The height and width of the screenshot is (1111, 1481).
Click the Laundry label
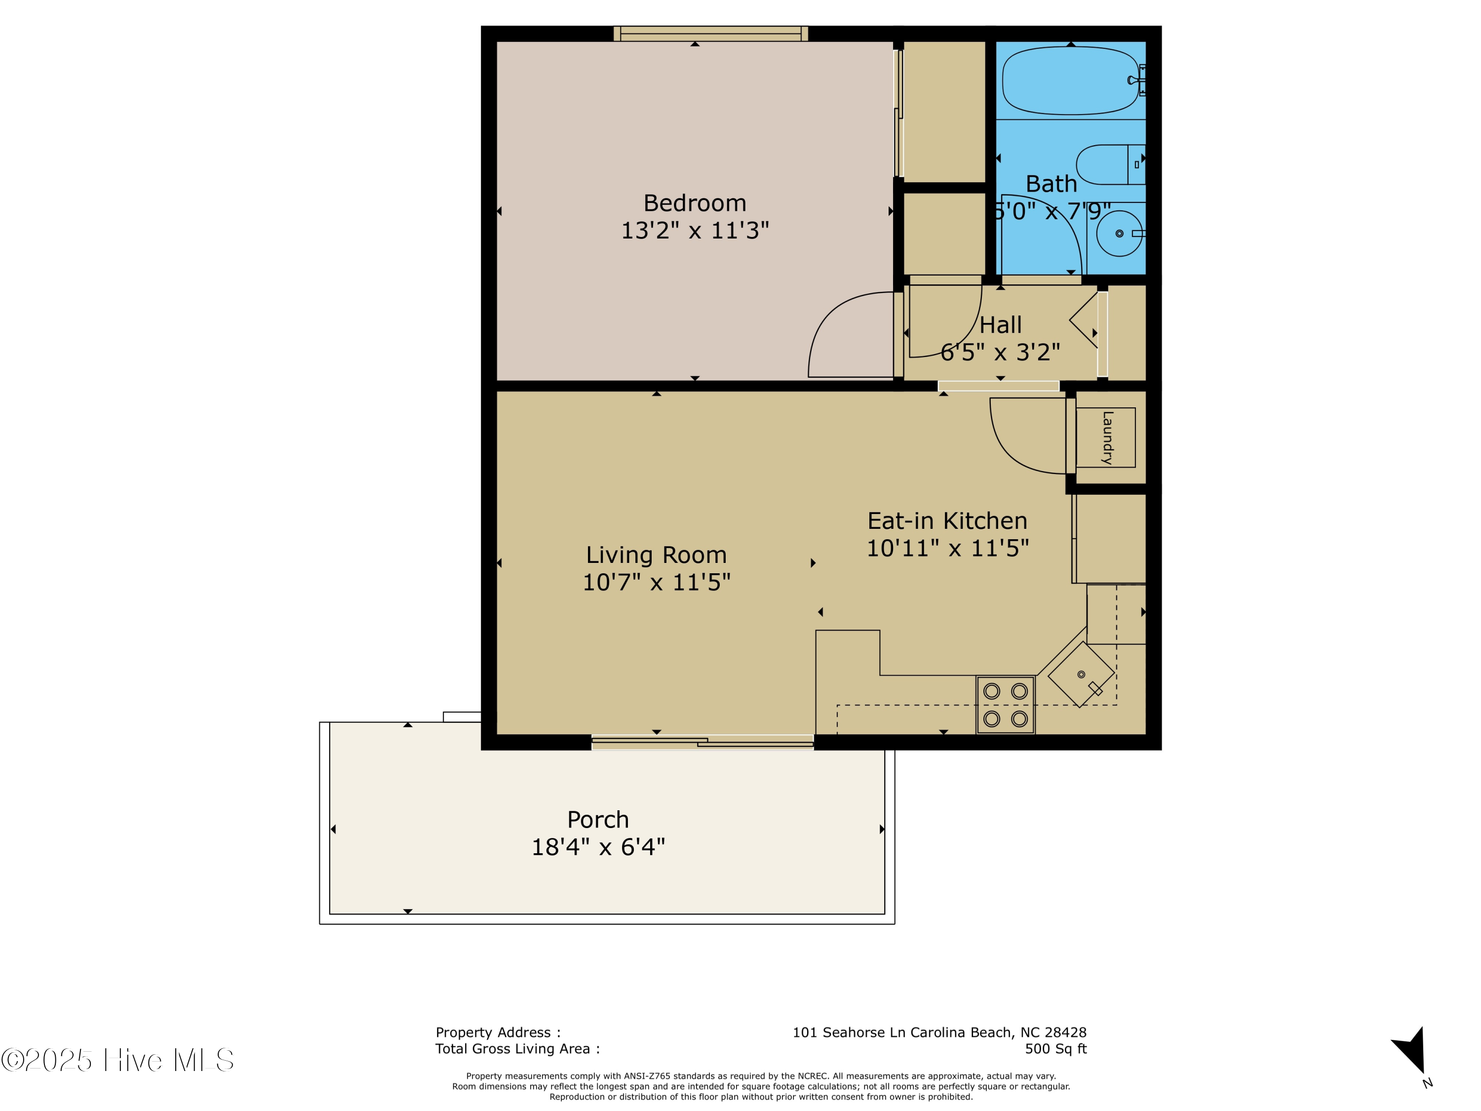pos(1107,437)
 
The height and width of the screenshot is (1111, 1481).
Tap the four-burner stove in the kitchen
pos(1005,705)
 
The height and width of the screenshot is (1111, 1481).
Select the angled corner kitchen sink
pos(1081,675)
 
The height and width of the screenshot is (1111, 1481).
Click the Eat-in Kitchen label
pos(947,521)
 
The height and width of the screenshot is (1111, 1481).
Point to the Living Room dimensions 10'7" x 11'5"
pos(656,583)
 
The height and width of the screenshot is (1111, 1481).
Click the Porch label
pos(598,820)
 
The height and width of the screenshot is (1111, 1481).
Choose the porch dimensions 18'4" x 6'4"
pos(598,847)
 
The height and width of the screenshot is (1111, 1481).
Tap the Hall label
pos(1000,325)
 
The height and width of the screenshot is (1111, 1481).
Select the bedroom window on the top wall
pos(710,34)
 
